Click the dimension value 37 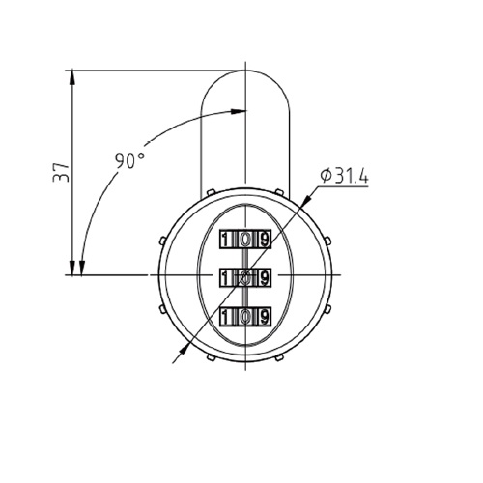pos(61,172)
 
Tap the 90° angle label pos(129,160)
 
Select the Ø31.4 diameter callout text pos(344,176)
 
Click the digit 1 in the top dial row pos(226,240)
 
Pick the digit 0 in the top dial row pos(245,240)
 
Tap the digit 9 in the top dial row pos(265,240)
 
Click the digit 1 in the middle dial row pos(226,278)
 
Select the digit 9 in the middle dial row pos(265,278)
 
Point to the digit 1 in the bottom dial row pos(226,317)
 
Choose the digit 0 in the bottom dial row pos(245,317)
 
